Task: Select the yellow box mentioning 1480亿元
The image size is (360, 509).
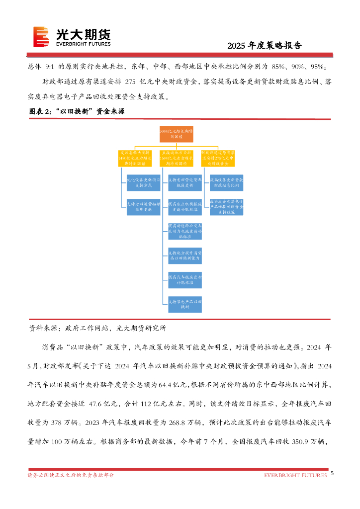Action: pos(135,158)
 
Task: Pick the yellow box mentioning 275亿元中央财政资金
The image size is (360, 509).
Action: pos(218,158)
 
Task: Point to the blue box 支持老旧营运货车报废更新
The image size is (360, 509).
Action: pos(184,182)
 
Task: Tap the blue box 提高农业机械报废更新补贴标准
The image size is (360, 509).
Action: pos(184,206)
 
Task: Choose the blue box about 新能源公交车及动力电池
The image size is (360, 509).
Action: pos(184,231)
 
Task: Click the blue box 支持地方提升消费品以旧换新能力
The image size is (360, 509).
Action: pos(184,255)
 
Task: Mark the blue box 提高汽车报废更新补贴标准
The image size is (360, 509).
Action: pos(184,279)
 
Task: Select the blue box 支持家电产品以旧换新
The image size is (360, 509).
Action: pos(184,304)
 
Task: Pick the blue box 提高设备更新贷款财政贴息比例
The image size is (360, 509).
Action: pos(226,182)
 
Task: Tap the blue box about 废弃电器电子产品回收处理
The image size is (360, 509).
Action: pos(226,206)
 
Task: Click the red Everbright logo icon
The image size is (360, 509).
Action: pos(41,37)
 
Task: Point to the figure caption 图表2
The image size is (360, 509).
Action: pos(77,112)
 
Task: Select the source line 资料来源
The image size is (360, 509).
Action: pos(97,328)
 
